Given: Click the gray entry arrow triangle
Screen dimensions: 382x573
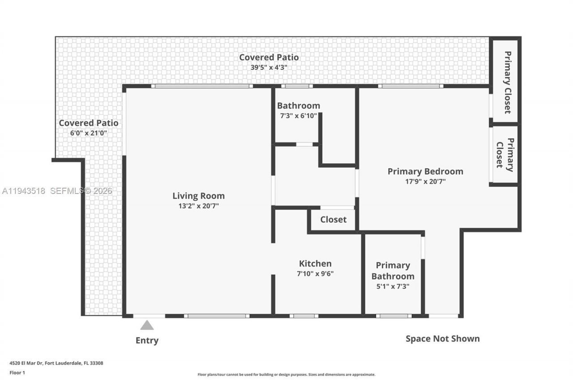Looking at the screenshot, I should tap(147, 326).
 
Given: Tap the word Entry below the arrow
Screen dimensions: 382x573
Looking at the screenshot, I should tap(147, 340).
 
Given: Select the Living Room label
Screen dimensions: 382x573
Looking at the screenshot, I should tap(198, 196).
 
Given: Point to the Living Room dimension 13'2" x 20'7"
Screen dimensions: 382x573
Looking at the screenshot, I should tap(198, 206).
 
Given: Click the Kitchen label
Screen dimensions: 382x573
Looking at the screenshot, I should tap(315, 264).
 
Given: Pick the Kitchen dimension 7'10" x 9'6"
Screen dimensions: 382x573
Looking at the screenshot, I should tap(315, 274).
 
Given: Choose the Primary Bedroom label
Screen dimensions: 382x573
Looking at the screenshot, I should tap(425, 171).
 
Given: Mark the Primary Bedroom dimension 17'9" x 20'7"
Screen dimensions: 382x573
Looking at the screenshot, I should tap(425, 181).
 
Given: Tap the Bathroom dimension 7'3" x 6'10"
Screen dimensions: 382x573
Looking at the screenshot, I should tap(298, 116).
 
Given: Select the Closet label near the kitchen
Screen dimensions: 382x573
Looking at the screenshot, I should tap(333, 219).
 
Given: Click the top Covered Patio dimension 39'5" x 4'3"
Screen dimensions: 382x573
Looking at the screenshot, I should tap(269, 68).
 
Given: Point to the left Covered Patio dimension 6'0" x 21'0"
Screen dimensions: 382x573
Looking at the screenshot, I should tap(89, 133).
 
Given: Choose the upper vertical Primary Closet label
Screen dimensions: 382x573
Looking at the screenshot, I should tap(508, 82).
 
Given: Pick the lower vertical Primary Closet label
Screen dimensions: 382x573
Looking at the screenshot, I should tap(505, 155).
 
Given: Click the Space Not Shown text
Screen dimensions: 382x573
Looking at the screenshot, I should tap(442, 339).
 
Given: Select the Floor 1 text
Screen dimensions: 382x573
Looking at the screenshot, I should tap(17, 373).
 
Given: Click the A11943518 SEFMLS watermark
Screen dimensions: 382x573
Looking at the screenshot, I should tap(57, 191).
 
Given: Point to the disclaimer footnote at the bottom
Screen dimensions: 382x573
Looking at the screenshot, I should tap(286, 374).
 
